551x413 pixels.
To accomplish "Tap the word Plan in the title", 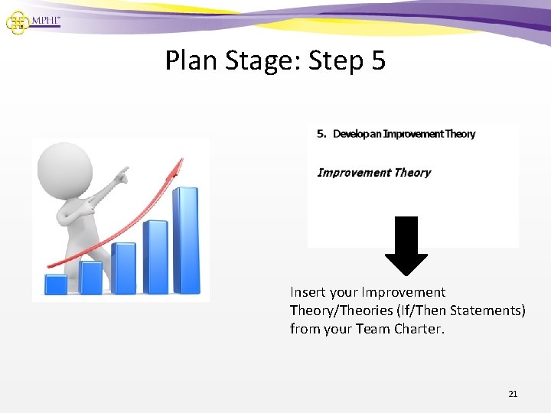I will pos(191,60).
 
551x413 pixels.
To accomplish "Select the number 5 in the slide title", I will pos(377,60).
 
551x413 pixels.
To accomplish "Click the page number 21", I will pos(513,394).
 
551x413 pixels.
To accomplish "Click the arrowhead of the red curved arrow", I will pos(180,164).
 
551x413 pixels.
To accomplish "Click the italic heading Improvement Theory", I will pos(373,172).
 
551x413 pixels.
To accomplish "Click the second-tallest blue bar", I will pos(155,256).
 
